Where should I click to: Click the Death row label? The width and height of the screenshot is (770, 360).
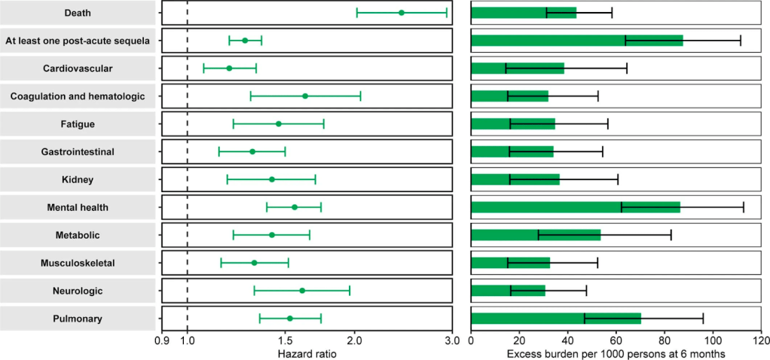(x=78, y=13)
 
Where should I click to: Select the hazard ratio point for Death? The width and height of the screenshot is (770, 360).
(x=402, y=13)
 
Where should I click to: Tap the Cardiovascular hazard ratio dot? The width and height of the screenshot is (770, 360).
(x=229, y=69)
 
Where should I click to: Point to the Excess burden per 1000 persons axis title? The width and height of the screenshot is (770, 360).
(x=616, y=353)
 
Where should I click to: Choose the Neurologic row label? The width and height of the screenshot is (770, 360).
(x=78, y=290)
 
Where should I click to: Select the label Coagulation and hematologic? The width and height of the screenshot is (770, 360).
(x=78, y=96)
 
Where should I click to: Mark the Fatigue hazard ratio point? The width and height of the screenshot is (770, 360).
(x=279, y=124)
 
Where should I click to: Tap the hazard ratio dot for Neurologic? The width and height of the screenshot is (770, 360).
(x=302, y=290)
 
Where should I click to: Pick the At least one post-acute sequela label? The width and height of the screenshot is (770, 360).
(x=78, y=41)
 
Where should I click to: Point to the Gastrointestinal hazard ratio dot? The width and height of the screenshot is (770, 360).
(x=252, y=151)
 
